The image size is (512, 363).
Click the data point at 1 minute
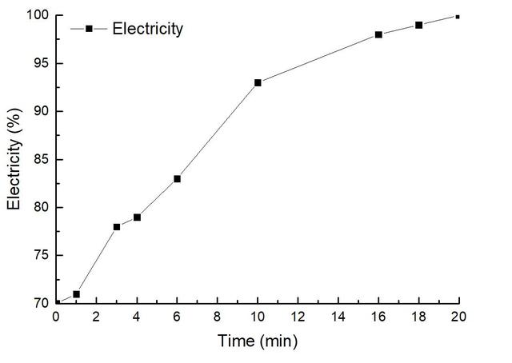click(x=76, y=294)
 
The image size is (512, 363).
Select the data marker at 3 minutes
click(x=117, y=227)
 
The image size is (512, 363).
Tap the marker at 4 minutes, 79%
click(x=137, y=217)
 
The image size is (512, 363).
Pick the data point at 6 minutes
click(x=177, y=178)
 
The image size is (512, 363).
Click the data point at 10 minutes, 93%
click(x=258, y=82)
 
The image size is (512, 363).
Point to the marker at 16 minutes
click(x=378, y=34)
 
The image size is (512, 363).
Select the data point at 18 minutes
click(x=418, y=25)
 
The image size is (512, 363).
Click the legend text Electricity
click(x=148, y=30)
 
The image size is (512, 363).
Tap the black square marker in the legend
click(x=90, y=29)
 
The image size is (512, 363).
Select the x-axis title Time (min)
click(x=258, y=341)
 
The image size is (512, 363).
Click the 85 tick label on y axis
click(x=40, y=160)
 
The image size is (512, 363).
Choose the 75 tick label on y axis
click(x=40, y=256)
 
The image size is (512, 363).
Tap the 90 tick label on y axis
click(x=40, y=112)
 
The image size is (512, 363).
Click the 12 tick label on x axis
click(x=298, y=317)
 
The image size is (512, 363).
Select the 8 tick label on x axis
click(x=218, y=317)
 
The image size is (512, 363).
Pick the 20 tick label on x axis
click(x=458, y=317)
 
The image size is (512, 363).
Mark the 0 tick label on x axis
click(x=56, y=317)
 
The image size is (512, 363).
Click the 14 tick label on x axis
click(x=338, y=317)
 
